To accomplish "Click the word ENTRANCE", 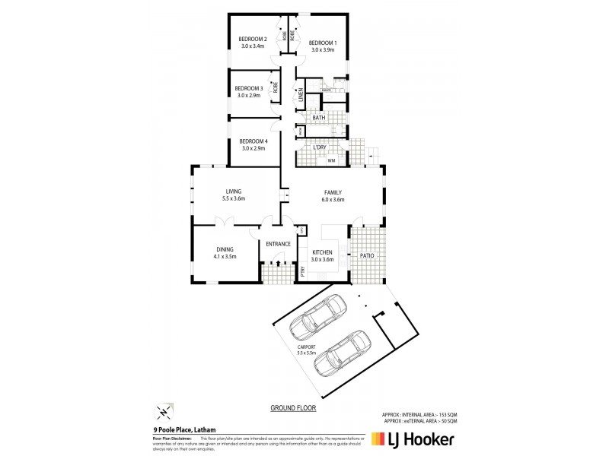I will pyautogui.click(x=279, y=244).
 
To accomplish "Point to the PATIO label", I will pyautogui.click(x=367, y=256).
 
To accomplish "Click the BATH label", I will pyautogui.click(x=319, y=118).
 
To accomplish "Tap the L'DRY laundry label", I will pyautogui.click(x=330, y=147).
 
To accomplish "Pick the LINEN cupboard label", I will pyautogui.click(x=301, y=96).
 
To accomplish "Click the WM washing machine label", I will pyautogui.click(x=331, y=161).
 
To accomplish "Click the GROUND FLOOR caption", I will pyautogui.click(x=293, y=408).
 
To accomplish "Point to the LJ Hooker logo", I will pyautogui.click(x=414, y=439).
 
